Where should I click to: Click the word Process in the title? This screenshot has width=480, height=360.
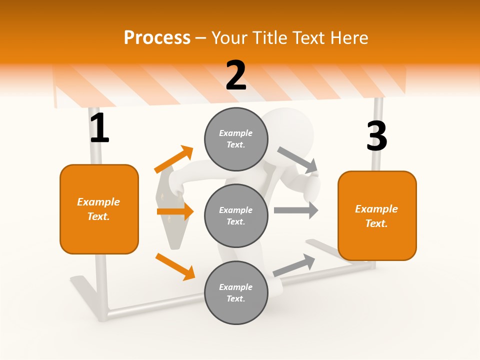tap(157, 38)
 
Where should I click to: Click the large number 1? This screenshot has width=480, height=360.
tap(99, 128)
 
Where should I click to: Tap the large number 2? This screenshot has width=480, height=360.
tap(236, 75)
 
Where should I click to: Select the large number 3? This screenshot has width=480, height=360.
tap(376, 136)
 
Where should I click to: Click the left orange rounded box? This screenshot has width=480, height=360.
tap(99, 209)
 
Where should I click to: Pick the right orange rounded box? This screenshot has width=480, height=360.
tap(377, 215)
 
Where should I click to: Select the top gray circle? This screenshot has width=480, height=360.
tap(236, 139)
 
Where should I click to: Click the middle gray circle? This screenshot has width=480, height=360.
tap(236, 215)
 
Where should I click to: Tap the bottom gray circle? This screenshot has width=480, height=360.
tap(236, 292)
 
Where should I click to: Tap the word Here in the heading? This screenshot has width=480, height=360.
tap(350, 38)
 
